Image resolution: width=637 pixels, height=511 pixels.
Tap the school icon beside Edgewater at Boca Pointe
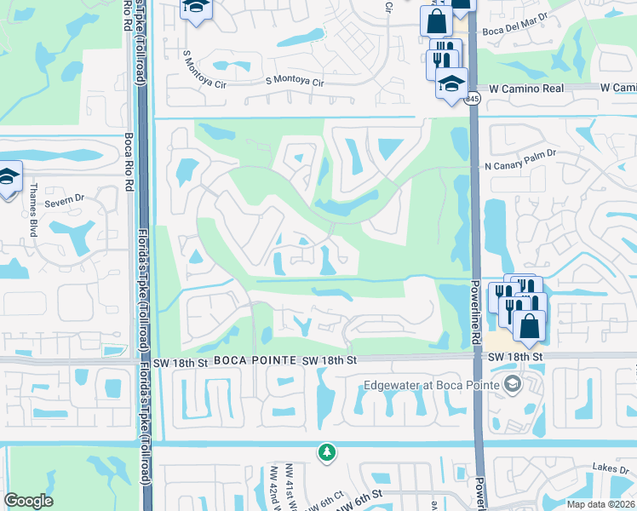pyautogui.click(x=511, y=384)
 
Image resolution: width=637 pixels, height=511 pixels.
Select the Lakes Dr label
pyautogui.click(x=612, y=469)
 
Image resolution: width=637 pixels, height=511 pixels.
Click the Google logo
pyautogui.click(x=29, y=501)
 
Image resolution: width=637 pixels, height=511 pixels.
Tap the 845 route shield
pyautogui.click(x=473, y=100)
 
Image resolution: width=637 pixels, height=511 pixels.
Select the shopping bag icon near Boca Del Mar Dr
pyautogui.click(x=435, y=19)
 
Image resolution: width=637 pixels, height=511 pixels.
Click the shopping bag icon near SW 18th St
pyautogui.click(x=529, y=324)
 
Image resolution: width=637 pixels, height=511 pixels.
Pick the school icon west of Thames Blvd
pyautogui.click(x=9, y=177)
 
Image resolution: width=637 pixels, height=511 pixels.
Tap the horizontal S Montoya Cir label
pyautogui.click(x=296, y=83)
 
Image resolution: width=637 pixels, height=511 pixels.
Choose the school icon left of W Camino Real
pyautogui.click(x=451, y=83)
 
